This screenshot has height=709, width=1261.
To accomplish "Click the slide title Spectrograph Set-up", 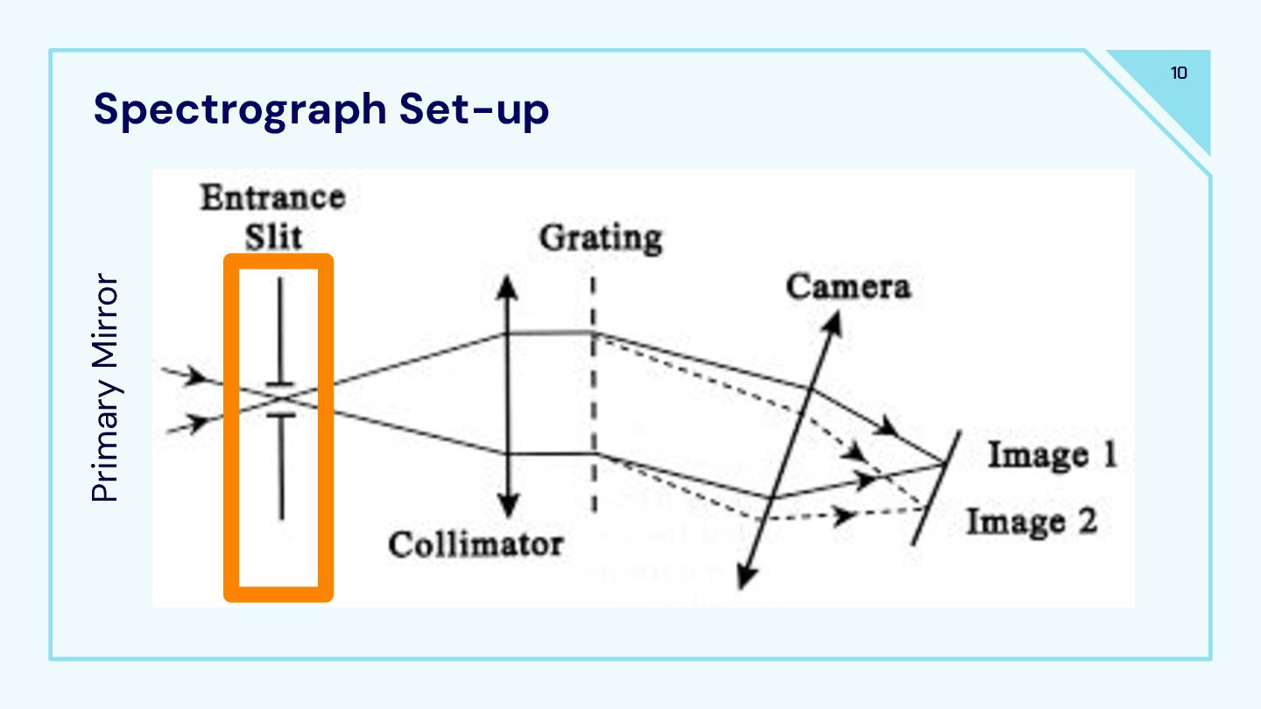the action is (321, 110).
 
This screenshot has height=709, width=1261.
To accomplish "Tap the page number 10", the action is (1179, 74).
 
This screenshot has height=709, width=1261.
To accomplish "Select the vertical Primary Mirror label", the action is (105, 389).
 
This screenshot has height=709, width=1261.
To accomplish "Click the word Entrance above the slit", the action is (272, 198).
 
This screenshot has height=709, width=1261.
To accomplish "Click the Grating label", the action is (600, 238).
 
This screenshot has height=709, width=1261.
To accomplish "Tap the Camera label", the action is (848, 287).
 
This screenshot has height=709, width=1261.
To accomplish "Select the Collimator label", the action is (476, 544).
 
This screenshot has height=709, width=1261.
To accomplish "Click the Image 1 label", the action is (1053, 456).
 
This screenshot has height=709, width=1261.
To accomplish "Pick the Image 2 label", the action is (1031, 523).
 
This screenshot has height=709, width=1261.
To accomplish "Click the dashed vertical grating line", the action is (594, 394).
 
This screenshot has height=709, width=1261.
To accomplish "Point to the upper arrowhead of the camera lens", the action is (834, 322).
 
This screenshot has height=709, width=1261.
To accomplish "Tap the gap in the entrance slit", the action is (281, 399).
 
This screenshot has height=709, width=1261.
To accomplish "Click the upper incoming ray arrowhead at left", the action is (201, 378).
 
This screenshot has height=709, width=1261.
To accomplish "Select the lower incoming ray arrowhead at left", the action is (201, 423).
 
